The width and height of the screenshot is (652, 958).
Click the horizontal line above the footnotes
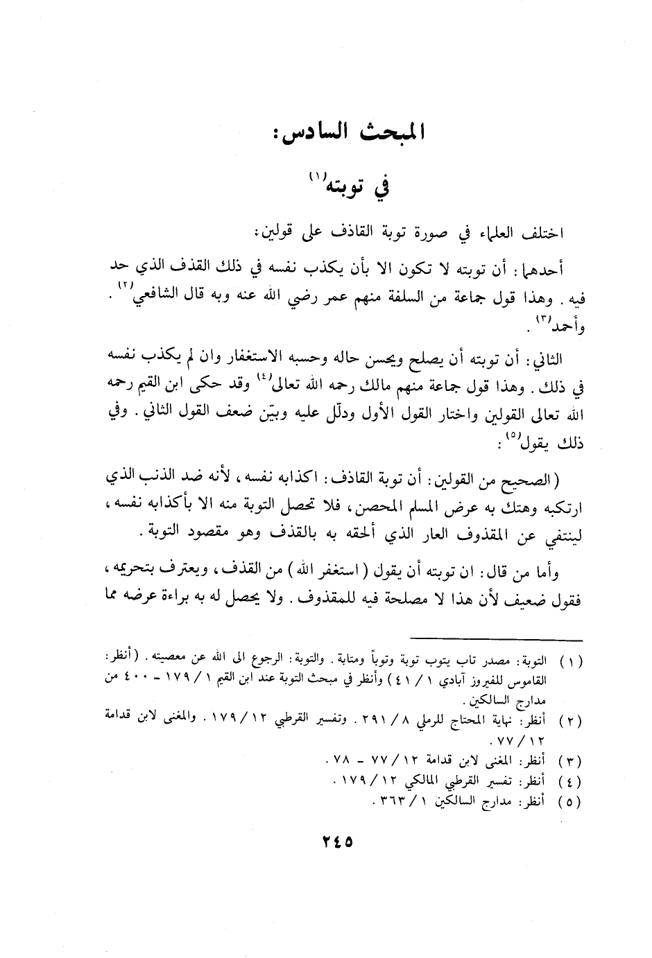tap(497, 636)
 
